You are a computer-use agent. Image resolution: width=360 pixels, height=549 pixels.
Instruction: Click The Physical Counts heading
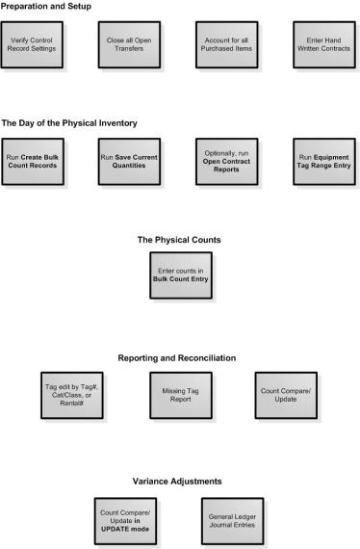[x=179, y=240]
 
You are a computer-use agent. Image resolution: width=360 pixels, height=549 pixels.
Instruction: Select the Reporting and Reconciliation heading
[x=179, y=357]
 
